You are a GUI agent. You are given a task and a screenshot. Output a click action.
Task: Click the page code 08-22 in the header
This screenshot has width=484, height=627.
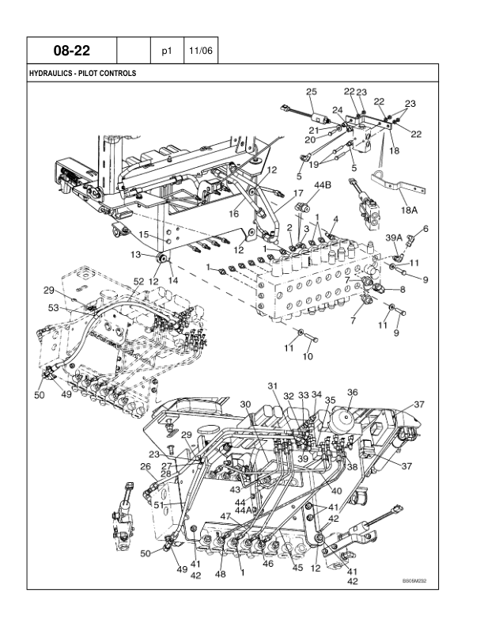(x=71, y=51)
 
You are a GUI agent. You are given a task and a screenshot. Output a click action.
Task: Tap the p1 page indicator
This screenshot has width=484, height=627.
(x=166, y=51)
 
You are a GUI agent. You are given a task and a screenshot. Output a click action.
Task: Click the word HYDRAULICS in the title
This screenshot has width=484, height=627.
(x=54, y=74)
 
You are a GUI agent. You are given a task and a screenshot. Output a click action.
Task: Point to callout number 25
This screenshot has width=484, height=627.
(x=312, y=93)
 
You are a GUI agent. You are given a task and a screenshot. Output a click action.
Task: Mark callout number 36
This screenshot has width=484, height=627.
(x=353, y=392)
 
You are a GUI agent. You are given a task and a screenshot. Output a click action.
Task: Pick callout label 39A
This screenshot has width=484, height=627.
(x=393, y=237)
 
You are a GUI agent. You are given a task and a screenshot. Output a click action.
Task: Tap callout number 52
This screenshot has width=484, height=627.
(x=138, y=282)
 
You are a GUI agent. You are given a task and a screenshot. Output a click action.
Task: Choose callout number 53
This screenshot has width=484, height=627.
(x=54, y=307)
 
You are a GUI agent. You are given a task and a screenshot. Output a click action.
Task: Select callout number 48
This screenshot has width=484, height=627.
(x=221, y=574)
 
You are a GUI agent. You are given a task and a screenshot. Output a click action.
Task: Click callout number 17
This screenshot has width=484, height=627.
(x=298, y=193)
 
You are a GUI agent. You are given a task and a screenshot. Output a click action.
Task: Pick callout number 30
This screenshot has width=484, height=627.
(x=245, y=405)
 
